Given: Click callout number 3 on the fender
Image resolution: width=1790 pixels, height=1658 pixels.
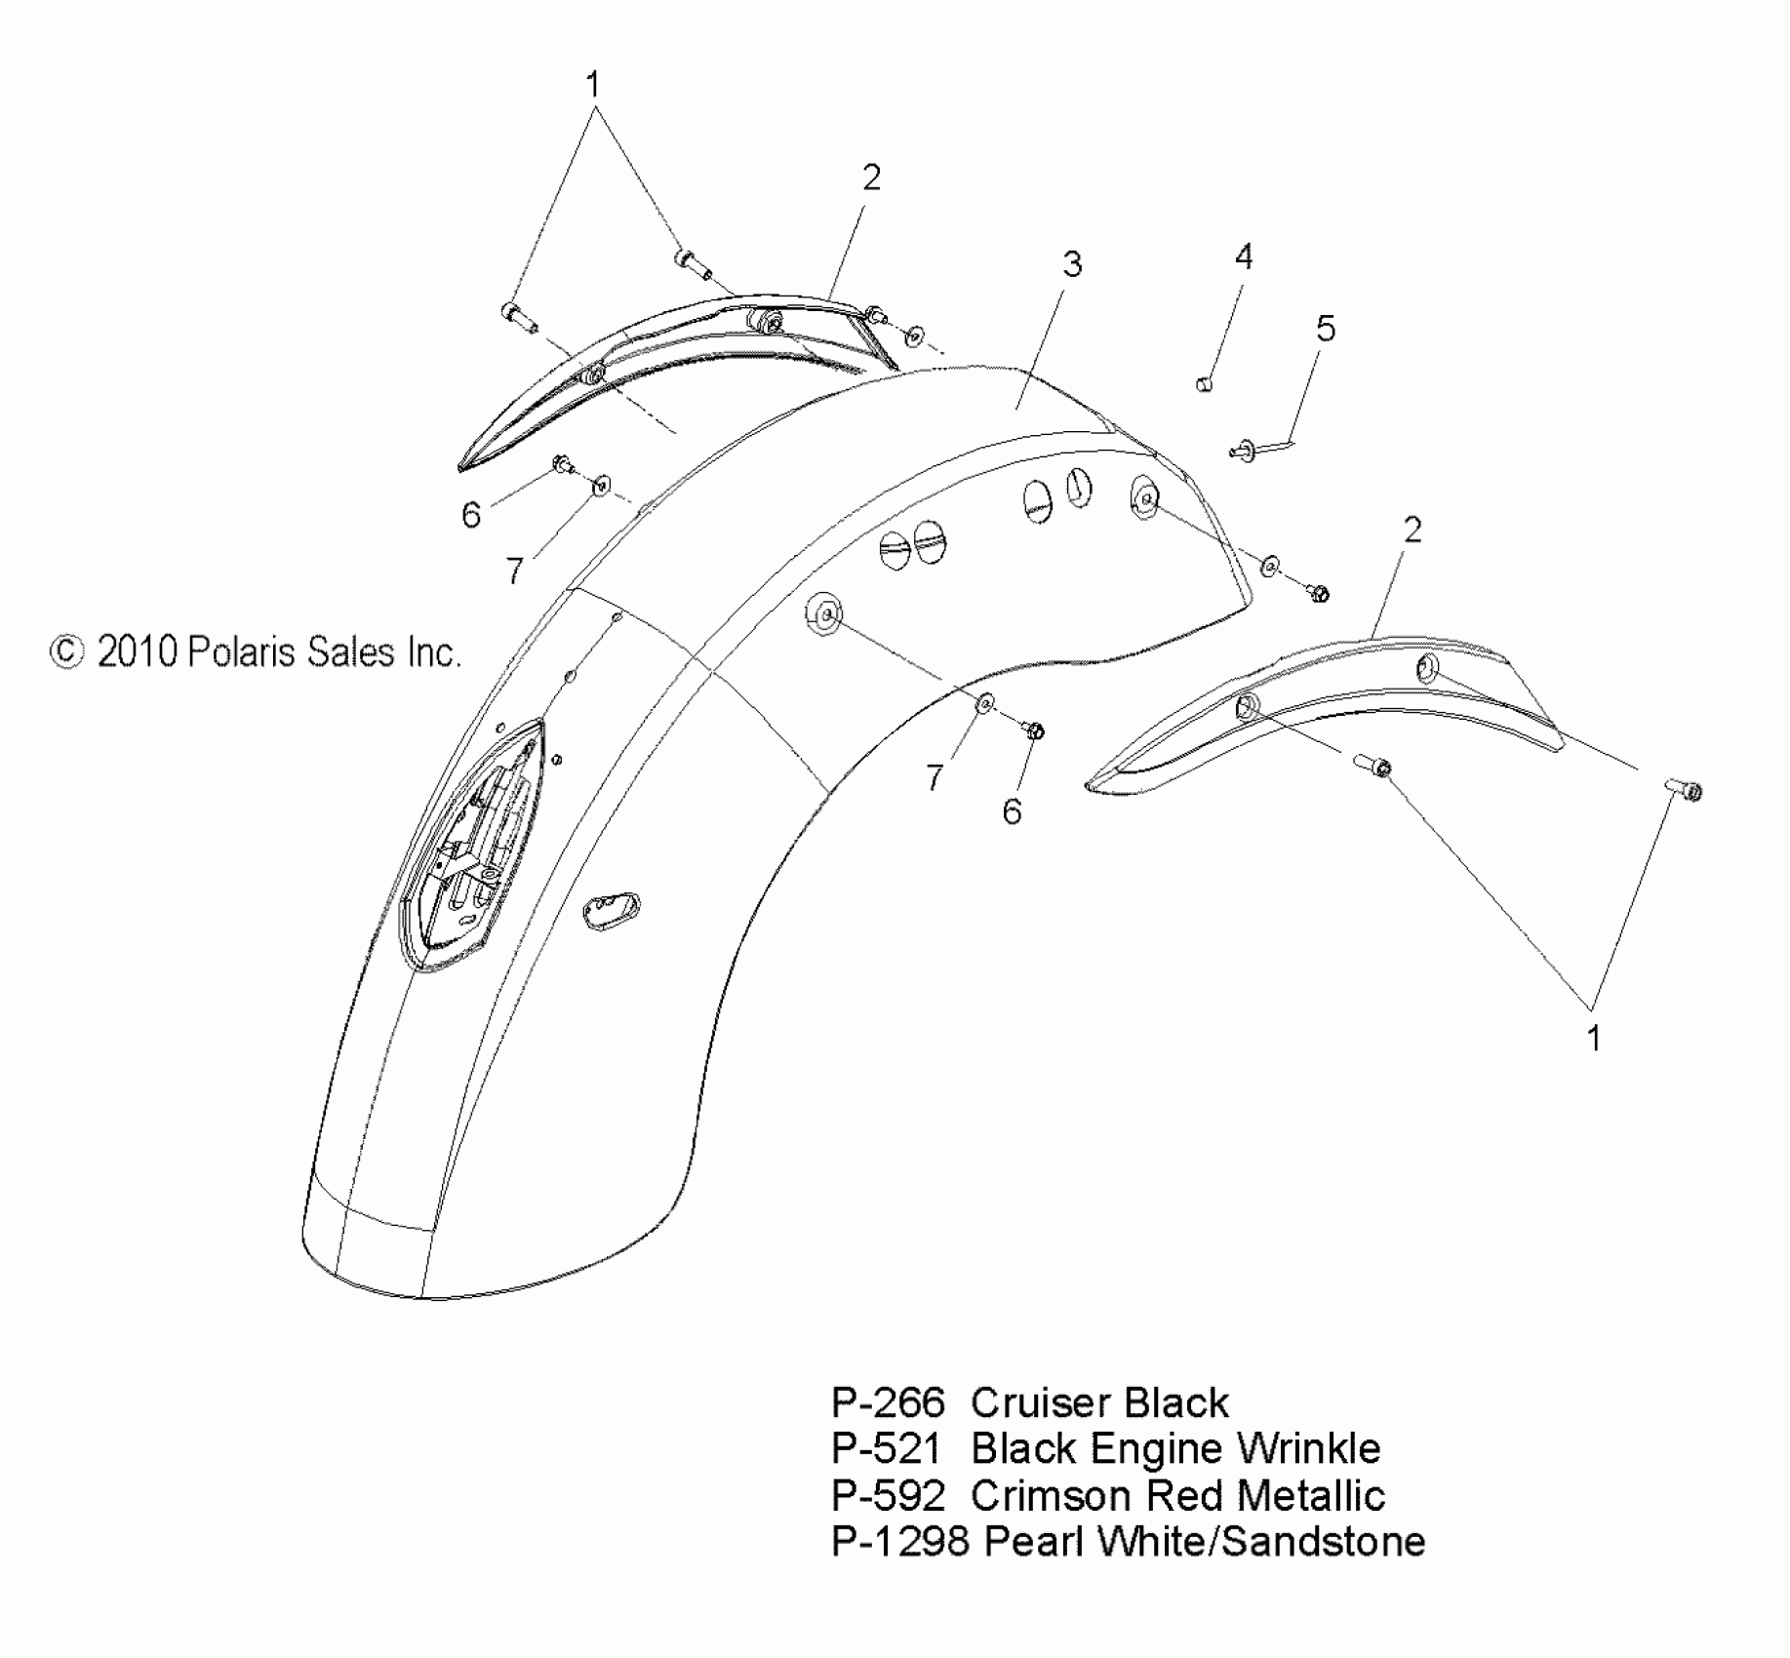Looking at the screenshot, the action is coord(1072,264).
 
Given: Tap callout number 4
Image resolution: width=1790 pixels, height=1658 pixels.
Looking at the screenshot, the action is coord(1243,257).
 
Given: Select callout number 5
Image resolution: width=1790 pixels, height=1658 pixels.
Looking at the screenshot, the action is coord(1325,329).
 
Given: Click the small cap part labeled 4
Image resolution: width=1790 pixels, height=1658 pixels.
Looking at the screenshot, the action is coord(1204,383).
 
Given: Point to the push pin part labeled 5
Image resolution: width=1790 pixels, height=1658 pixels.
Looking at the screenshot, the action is coord(1245,450).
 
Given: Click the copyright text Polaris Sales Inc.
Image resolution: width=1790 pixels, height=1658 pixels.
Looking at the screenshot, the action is coord(256,651).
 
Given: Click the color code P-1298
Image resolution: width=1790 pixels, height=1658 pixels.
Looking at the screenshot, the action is coord(899,1541).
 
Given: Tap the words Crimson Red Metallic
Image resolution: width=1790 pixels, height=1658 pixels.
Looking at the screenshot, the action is coord(1177,1495).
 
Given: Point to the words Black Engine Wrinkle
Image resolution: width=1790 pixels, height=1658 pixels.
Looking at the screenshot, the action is coord(1175,1449).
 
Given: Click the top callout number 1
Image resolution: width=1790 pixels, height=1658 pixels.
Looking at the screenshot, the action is coord(592,85).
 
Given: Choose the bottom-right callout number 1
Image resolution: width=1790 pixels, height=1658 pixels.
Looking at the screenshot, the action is coord(1593,1039).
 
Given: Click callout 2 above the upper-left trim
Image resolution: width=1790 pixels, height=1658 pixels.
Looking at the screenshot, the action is coord(871,177).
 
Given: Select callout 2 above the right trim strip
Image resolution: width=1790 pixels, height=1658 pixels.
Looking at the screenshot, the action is coord(1412,530).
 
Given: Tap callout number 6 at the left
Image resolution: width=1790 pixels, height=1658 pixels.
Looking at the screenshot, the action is coord(471,515).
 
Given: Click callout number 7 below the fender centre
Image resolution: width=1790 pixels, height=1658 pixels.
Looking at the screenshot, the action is coord(935,777).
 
